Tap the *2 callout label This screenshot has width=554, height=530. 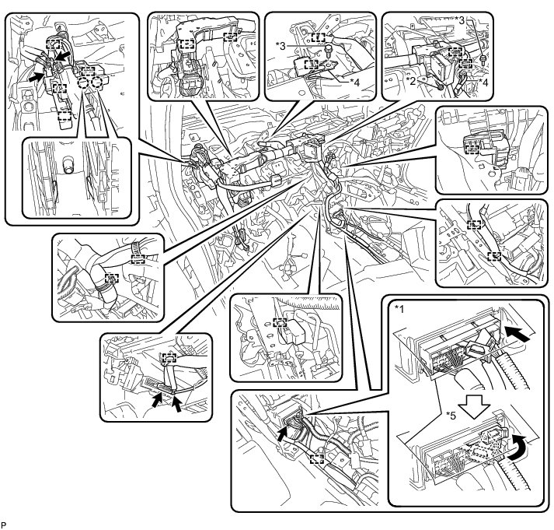(410, 79)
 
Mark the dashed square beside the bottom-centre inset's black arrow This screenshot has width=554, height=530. (316, 458)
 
